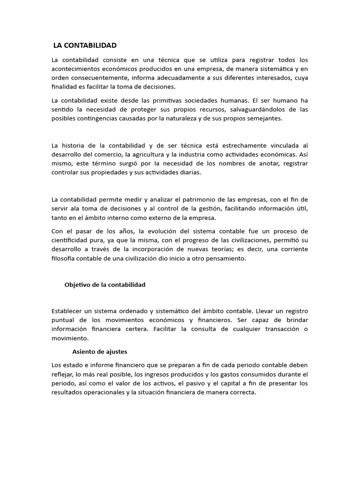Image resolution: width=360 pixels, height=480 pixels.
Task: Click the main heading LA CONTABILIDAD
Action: [85, 45]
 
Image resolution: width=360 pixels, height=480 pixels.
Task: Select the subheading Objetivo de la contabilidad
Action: [105, 285]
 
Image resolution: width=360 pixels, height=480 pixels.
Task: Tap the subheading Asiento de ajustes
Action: [100, 351]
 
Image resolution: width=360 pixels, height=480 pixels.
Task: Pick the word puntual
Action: [63, 320]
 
